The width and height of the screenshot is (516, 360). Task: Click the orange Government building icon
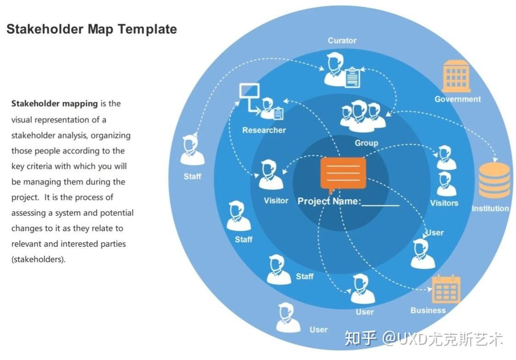[x=456, y=76]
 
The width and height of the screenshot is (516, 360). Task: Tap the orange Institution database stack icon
[x=494, y=180]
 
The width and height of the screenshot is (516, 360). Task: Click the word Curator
[x=342, y=41]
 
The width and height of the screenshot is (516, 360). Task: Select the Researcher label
[x=264, y=130]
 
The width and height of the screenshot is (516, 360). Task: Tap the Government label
[x=457, y=99]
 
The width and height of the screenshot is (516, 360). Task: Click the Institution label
[x=490, y=208]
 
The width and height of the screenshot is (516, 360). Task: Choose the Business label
[x=428, y=311]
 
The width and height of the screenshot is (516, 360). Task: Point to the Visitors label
[x=444, y=203]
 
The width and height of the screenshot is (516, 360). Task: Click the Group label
[x=366, y=143]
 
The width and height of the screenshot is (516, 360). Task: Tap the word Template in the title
[x=147, y=29]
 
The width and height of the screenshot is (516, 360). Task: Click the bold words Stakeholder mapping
[x=54, y=104]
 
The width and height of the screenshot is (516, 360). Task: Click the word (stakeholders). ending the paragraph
[x=38, y=259]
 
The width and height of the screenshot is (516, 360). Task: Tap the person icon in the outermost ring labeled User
[x=288, y=317]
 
